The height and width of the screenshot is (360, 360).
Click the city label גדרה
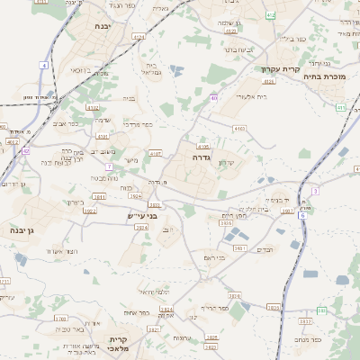[x=201, y=157]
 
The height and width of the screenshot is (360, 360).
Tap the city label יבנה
[x=102, y=27]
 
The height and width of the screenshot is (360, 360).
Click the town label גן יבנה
[x=22, y=231]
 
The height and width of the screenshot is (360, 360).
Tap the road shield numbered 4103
[x=238, y=129]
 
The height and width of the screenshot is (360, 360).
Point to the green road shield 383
[x=321, y=310]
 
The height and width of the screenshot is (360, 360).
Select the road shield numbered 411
[x=341, y=108]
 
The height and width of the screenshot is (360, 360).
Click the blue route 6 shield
[x=302, y=216]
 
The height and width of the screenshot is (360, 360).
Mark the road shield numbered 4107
[x=156, y=153]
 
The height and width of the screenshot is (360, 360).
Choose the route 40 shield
[x=213, y=97]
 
